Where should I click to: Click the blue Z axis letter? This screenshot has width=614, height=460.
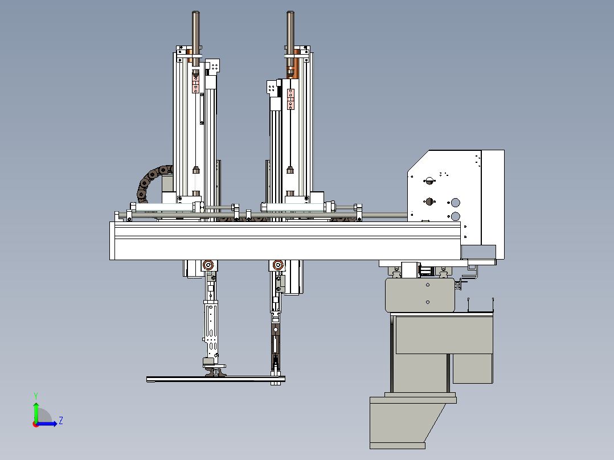click(x=61, y=421)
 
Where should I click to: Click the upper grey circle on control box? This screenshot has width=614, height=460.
click(x=456, y=203)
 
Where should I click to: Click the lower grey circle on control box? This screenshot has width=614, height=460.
click(x=456, y=216)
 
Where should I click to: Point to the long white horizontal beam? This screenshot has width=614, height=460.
click(x=285, y=240)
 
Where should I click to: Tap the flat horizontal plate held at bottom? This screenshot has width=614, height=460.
click(x=216, y=379)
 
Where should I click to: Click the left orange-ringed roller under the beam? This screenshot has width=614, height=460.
click(x=208, y=265)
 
